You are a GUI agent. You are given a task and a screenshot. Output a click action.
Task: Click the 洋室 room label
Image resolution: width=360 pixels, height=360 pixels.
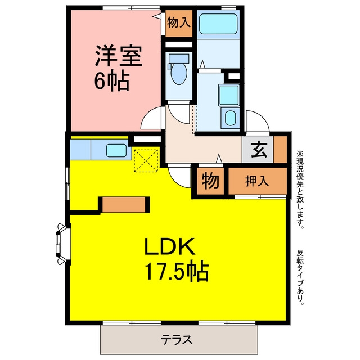point(119,56)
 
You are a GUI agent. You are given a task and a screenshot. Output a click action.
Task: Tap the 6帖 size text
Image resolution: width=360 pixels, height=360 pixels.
point(111,81)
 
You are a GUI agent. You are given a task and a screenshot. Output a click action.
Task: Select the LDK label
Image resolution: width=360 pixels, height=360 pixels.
point(170,246)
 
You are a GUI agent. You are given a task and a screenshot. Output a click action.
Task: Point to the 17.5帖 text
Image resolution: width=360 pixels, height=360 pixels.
point(177,272)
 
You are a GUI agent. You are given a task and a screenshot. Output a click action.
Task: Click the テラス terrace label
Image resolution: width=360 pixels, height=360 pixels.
point(177,340)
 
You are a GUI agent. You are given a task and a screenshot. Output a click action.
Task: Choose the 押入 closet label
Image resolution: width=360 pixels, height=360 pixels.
point(257,181)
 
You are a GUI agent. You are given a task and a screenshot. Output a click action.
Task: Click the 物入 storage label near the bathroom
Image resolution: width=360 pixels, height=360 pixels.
point(179,22)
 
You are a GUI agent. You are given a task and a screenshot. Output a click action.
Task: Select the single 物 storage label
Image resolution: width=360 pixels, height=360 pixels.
point(210,181)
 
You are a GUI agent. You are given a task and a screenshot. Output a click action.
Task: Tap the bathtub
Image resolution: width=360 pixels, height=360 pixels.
point(218,24)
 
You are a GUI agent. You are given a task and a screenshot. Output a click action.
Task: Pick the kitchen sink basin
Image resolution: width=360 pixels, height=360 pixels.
point(116,150)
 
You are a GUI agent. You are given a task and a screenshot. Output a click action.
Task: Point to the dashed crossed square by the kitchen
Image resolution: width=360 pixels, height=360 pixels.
point(146,160)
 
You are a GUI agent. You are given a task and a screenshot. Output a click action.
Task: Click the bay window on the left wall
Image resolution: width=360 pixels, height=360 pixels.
point(62,244)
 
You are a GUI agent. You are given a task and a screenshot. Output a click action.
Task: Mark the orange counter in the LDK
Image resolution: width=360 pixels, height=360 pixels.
point(124,205)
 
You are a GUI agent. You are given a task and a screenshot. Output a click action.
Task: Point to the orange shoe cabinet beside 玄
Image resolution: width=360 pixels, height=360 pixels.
point(280,149)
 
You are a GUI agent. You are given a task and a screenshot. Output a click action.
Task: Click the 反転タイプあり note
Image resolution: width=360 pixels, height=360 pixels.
point(300,277)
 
